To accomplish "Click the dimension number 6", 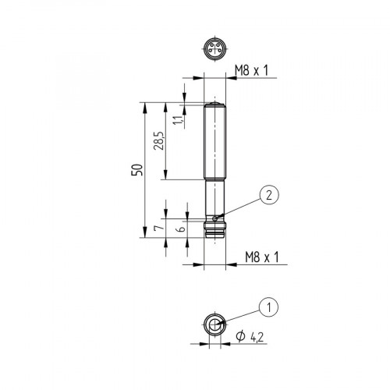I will pos(181,229).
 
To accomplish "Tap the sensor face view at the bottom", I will pos(213,326).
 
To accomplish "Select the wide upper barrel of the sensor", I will pos(214,144).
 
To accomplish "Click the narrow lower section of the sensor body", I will pos(213,199).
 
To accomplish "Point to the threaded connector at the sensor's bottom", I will pos(213,229).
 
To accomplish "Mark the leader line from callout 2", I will pos(240,207).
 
